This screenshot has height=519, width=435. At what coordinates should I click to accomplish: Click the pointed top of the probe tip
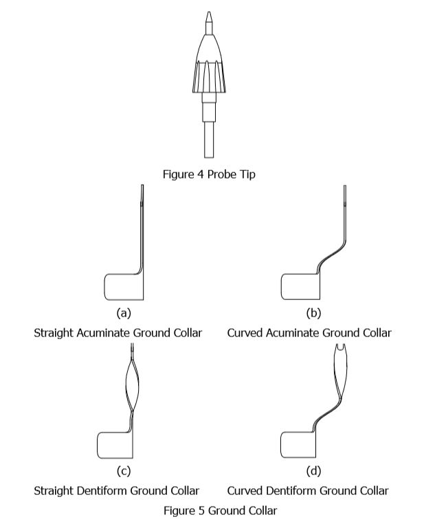(x=208, y=16)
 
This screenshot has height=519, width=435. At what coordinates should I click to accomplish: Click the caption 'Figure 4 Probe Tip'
(x=208, y=174)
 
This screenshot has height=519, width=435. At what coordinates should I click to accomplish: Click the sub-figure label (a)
(x=123, y=313)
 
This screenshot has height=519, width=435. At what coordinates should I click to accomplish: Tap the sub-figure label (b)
(x=312, y=313)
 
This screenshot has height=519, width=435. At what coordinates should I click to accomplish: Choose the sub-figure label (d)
(x=312, y=471)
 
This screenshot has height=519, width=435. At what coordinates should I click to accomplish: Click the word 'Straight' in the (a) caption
(x=54, y=333)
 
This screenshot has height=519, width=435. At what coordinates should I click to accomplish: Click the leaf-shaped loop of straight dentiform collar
(x=131, y=385)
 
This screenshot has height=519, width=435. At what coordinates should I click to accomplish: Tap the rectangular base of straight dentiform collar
(x=114, y=445)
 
